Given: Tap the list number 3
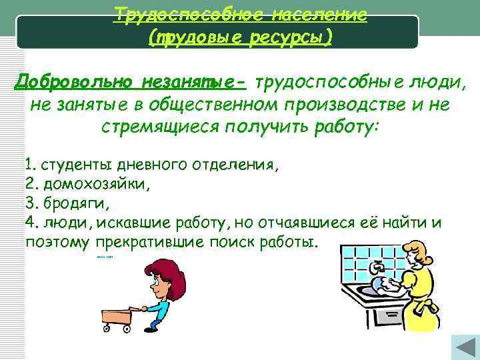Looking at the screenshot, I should coord(29,202).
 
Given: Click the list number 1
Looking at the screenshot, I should coord(29,165).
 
